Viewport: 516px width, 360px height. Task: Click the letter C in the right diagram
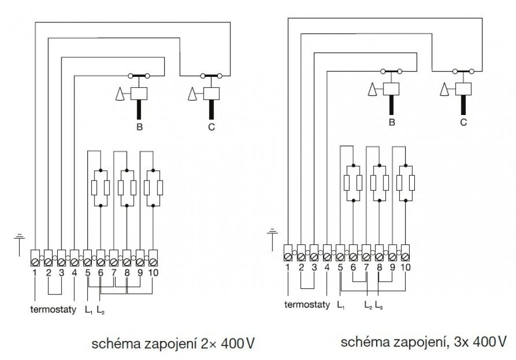coord(463,122)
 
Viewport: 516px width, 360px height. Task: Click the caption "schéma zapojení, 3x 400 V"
coord(424,341)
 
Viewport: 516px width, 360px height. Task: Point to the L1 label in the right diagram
coord(341,304)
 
